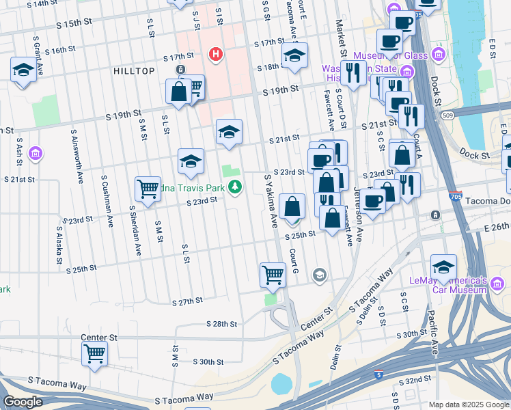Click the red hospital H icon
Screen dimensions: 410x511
(x=217, y=54)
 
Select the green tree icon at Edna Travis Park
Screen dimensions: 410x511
(x=236, y=186)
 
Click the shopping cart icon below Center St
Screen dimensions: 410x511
(x=94, y=353)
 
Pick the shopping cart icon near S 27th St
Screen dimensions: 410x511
(x=273, y=274)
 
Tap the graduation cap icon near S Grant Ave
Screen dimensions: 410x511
(x=23, y=69)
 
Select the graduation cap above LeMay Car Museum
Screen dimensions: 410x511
(x=443, y=267)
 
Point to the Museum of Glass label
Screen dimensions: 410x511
(x=395, y=55)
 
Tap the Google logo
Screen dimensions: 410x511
(x=23, y=402)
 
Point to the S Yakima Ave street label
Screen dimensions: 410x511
(x=271, y=201)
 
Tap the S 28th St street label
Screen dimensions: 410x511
(x=221, y=324)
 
